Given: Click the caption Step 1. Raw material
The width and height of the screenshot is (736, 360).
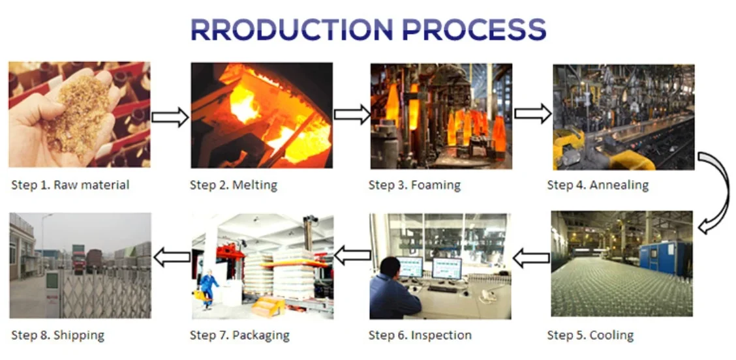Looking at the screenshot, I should (x=70, y=185).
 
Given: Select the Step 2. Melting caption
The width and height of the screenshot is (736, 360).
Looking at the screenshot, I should (x=234, y=185).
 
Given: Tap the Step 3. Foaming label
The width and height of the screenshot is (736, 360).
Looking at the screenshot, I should (x=414, y=185).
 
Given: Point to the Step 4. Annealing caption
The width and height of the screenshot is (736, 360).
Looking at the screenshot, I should (x=598, y=185).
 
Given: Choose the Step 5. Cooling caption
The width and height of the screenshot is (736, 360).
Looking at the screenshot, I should (x=590, y=336).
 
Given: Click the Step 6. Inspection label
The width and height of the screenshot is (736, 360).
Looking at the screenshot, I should (x=420, y=336).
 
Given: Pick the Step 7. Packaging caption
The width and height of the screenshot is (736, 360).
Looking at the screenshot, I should (x=239, y=336).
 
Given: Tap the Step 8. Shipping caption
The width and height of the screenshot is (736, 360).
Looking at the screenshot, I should (x=57, y=336).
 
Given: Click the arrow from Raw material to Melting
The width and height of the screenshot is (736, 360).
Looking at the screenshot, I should (x=170, y=117).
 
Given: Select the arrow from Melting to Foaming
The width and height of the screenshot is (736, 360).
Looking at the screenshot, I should (x=352, y=115).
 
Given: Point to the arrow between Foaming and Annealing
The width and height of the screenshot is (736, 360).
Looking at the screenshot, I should (x=532, y=113).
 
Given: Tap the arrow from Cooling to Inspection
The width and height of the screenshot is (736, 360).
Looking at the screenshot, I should (x=531, y=259).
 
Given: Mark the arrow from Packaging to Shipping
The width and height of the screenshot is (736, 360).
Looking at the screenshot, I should (x=172, y=258).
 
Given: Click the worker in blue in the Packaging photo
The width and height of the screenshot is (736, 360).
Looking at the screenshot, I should (x=208, y=288).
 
